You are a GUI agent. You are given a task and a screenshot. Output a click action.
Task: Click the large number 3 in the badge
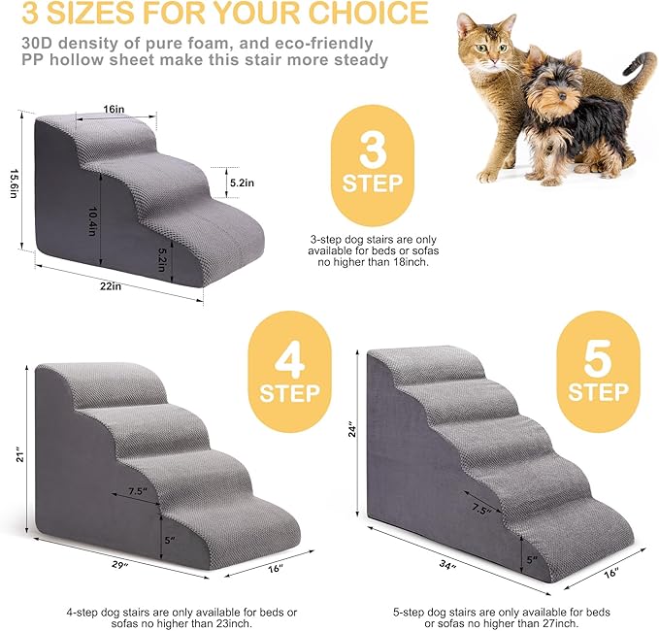pyautogui.click(x=372, y=149)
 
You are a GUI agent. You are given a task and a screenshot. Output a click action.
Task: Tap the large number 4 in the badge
pyautogui.click(x=289, y=360)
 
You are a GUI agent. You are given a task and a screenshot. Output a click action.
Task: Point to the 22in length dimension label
pyautogui.click(x=110, y=285)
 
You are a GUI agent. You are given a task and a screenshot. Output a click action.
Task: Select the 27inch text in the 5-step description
pyautogui.click(x=544, y=623)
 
